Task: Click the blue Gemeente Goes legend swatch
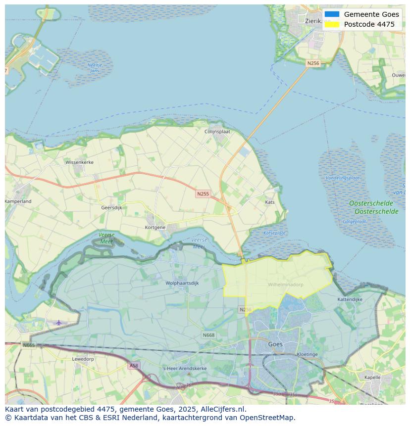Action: click(x=332, y=14)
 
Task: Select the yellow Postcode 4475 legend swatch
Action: click(x=332, y=24)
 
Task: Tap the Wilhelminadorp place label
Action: click(x=285, y=284)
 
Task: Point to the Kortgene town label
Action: click(x=155, y=227)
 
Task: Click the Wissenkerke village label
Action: click(x=79, y=162)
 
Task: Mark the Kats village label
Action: click(x=269, y=202)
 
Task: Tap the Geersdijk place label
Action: click(x=111, y=208)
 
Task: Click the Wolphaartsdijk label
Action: click(x=182, y=283)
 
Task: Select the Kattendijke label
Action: click(x=350, y=299)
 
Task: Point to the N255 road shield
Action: click(x=203, y=194)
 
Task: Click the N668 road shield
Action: click(x=208, y=335)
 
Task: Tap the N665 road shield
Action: click(x=28, y=345)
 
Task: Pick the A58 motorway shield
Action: click(x=134, y=366)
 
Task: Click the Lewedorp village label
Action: click(x=83, y=359)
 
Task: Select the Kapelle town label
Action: click(x=372, y=377)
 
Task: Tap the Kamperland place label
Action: click(x=18, y=201)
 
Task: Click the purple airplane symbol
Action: click(x=59, y=323)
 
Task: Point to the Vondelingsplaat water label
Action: click(x=343, y=178)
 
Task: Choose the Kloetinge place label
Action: click(x=307, y=354)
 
